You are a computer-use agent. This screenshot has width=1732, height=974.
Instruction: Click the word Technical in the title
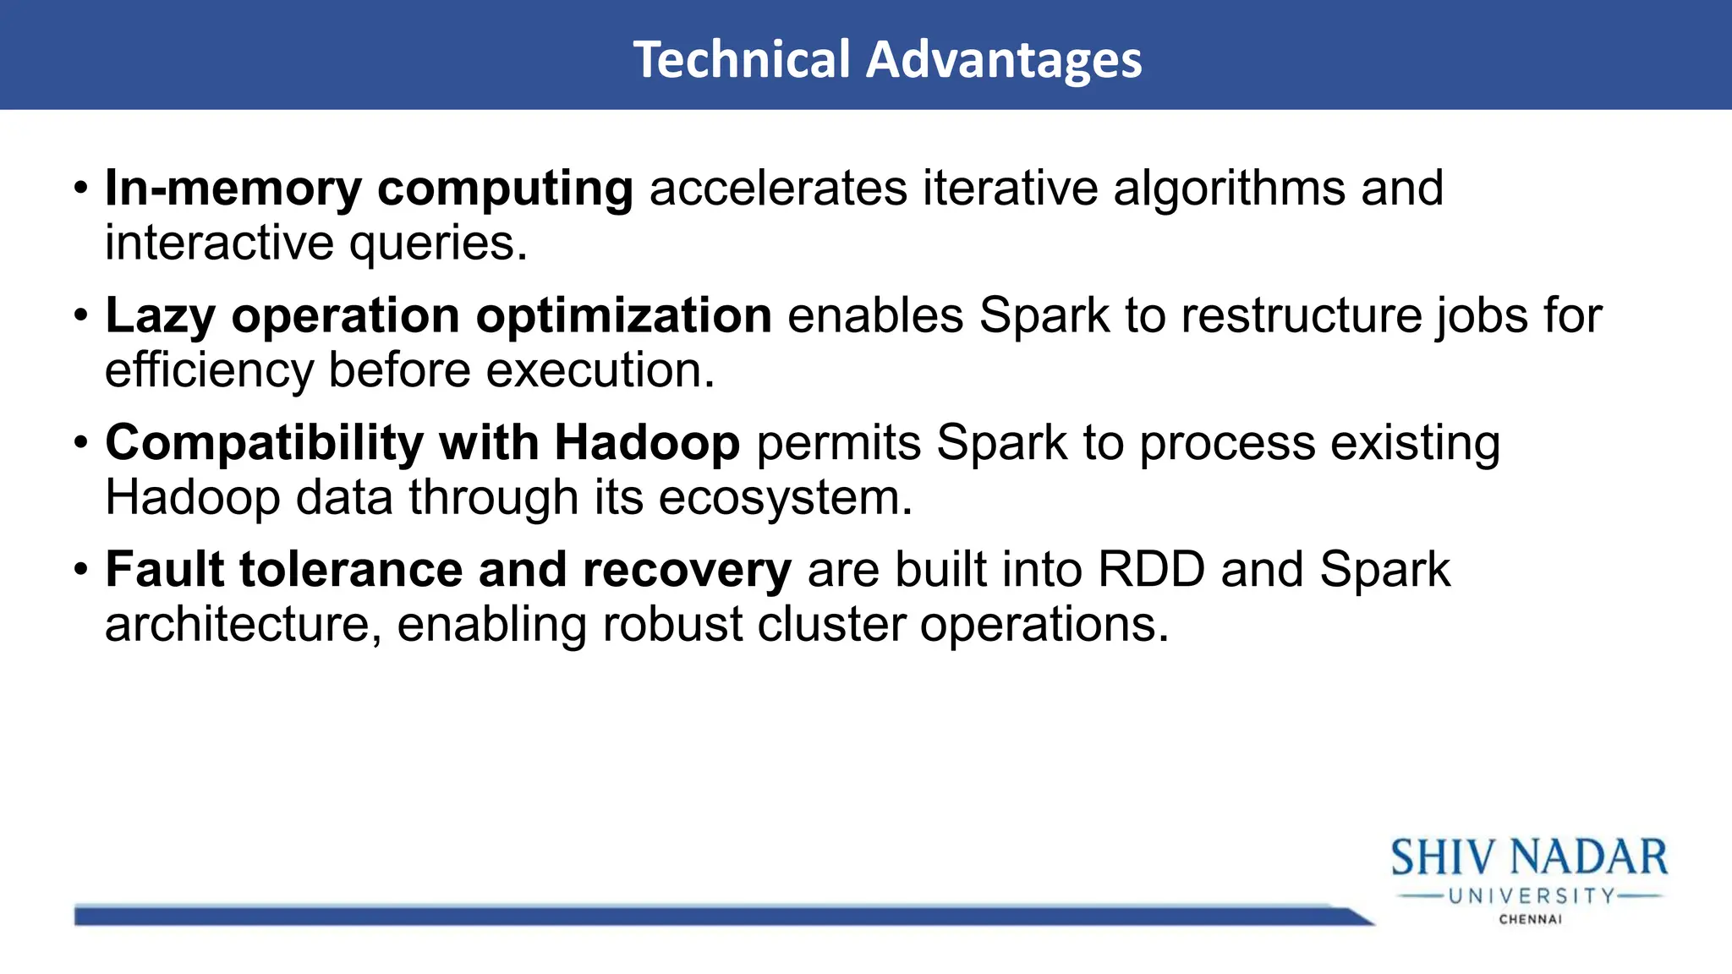(742, 59)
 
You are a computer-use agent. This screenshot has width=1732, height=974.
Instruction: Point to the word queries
(438, 243)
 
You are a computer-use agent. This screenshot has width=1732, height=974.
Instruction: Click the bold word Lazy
(160, 316)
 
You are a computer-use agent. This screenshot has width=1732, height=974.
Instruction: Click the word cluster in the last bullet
(830, 625)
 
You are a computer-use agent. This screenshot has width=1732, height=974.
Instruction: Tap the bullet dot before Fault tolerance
(80, 569)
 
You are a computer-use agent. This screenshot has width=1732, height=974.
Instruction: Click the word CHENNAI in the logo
(1530, 919)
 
